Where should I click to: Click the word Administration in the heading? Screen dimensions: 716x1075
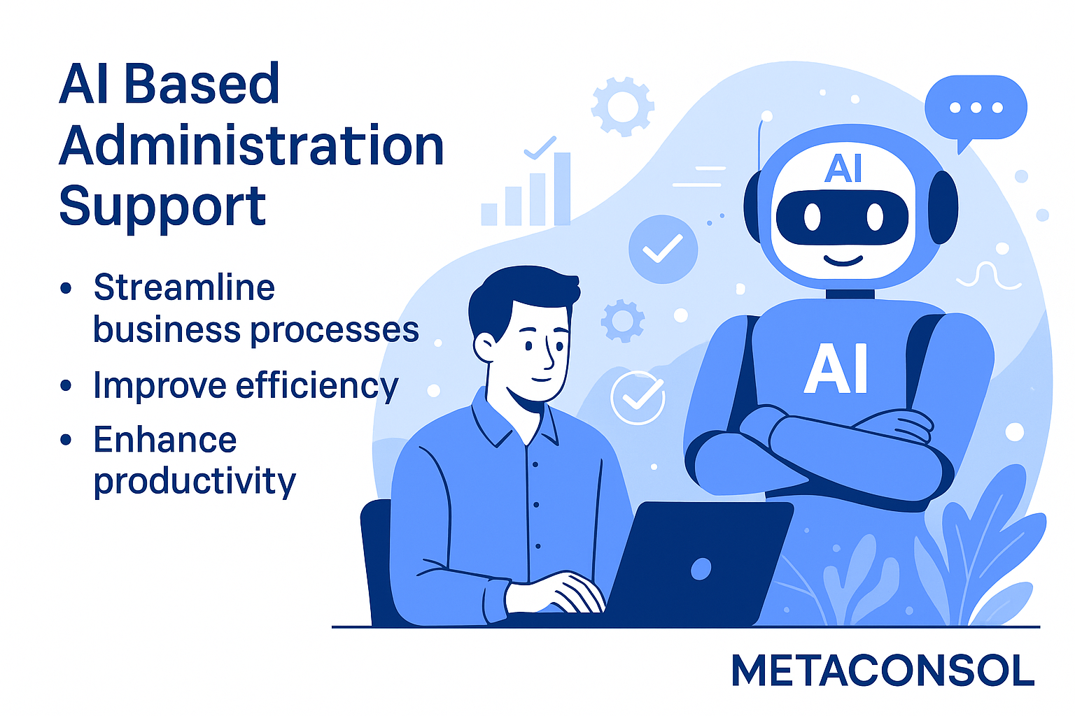(x=251, y=145)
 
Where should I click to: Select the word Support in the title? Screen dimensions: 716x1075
(x=162, y=206)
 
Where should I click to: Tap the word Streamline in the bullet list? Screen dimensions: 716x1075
(x=184, y=287)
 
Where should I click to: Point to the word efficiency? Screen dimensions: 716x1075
(x=317, y=386)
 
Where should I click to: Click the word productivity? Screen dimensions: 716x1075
(x=195, y=481)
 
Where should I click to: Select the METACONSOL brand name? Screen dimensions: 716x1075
(x=883, y=671)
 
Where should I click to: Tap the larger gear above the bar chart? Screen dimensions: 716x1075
(x=622, y=107)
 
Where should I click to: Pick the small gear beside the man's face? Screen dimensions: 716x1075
(x=621, y=321)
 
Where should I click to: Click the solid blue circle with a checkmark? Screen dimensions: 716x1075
(x=663, y=249)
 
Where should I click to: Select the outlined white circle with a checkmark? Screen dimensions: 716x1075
(x=638, y=398)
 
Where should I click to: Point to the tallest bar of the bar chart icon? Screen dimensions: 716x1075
(x=562, y=189)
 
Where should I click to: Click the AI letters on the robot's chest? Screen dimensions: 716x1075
(x=836, y=368)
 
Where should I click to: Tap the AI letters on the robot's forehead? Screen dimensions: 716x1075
(x=843, y=168)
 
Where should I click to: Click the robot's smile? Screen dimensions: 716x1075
(x=843, y=262)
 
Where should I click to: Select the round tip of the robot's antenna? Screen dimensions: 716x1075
(x=766, y=116)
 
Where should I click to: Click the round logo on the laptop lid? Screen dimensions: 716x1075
(x=701, y=568)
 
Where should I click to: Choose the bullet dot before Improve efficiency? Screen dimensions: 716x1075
(x=66, y=385)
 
